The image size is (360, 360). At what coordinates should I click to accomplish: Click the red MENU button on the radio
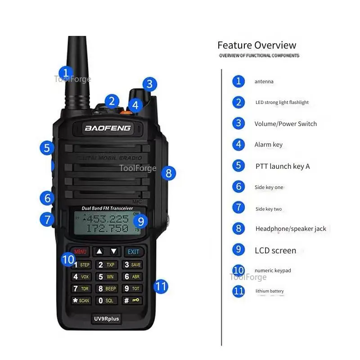(80, 252)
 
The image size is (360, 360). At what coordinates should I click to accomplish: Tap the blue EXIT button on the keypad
(133, 252)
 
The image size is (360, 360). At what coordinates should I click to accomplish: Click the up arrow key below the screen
(99, 252)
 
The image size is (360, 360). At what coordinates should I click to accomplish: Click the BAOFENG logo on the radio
(108, 128)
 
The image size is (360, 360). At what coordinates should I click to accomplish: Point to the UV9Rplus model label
(107, 319)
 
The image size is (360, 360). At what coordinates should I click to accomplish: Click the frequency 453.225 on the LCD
(108, 219)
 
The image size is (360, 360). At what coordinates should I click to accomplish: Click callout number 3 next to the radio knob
(150, 84)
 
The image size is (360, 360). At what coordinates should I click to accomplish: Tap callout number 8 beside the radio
(168, 173)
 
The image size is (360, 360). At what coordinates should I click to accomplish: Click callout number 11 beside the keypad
(161, 286)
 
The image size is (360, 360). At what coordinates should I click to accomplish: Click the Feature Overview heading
(256, 45)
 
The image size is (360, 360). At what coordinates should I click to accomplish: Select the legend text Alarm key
(269, 144)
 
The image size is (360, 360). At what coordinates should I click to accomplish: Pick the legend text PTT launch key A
(283, 166)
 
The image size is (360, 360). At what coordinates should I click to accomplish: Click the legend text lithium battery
(270, 291)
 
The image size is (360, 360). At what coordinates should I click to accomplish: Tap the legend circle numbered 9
(238, 249)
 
